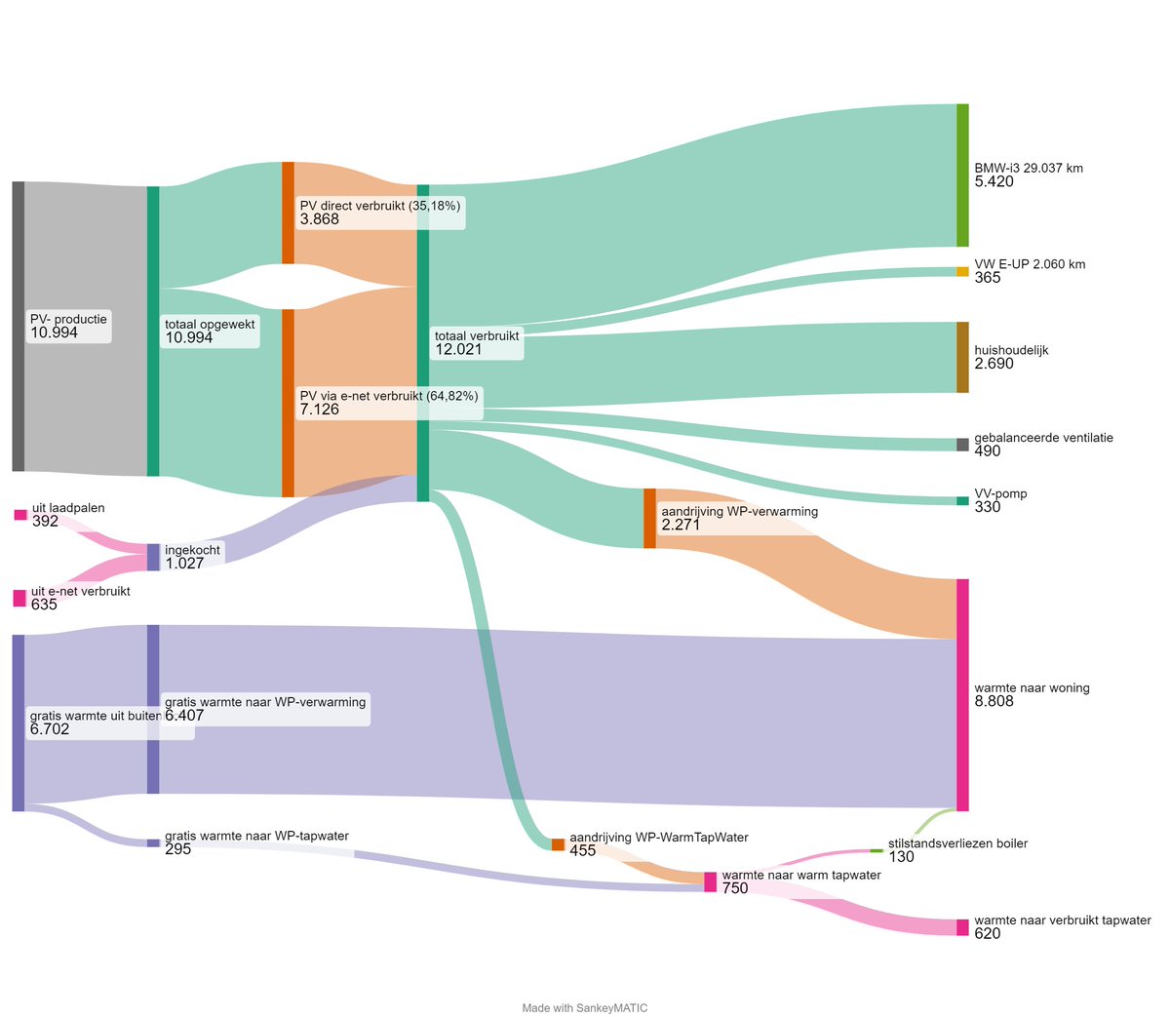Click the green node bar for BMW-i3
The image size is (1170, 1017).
[x=962, y=175]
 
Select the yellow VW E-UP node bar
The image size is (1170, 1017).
[x=962, y=271]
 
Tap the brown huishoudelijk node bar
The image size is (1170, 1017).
[x=962, y=357]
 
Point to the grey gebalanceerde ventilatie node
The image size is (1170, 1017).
[x=962, y=445]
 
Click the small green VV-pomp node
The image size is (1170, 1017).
[x=962, y=501]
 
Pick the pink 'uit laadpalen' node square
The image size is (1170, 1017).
[x=20, y=515]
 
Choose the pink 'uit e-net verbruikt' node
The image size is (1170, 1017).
[x=19, y=598]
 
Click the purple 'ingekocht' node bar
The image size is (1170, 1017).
[x=153, y=557]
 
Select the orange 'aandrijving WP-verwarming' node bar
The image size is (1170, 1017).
[x=649, y=518]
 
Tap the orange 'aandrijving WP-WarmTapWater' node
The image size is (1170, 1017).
[x=558, y=844]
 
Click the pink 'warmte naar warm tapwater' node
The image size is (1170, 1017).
[x=711, y=881]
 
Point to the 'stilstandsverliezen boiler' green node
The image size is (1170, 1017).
[x=876, y=851]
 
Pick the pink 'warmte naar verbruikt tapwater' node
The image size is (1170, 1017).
[x=962, y=927]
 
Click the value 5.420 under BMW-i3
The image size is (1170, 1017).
[x=994, y=182]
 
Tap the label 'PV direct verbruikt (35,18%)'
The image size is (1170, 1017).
[x=379, y=206]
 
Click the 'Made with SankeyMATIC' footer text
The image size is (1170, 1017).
[x=585, y=1008]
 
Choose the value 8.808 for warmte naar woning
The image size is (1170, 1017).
[x=994, y=702]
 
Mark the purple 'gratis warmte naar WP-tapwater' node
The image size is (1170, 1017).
[x=153, y=842]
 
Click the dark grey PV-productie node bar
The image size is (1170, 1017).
[x=19, y=326]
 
